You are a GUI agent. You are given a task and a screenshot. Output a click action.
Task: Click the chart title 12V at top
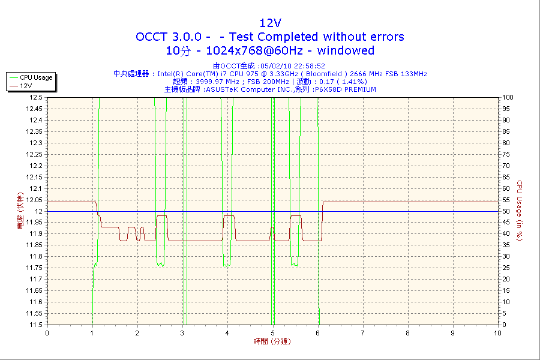point(270,23)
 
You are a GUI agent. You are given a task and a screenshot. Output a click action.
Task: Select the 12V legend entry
point(26,86)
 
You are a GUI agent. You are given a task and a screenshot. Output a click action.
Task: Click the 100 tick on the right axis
point(508,97)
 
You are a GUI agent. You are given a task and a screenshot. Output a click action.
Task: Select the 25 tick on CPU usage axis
point(506,268)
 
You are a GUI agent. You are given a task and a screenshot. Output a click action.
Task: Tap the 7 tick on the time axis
point(362,333)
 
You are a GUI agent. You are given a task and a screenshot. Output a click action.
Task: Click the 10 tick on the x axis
point(497,333)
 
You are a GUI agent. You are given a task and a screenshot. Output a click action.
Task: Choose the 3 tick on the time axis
point(182,333)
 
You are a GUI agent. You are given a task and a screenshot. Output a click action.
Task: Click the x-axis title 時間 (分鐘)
point(270,341)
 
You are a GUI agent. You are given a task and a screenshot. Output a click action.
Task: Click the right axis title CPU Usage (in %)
point(520,211)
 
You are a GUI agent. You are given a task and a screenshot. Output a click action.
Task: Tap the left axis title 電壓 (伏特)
point(20,212)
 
